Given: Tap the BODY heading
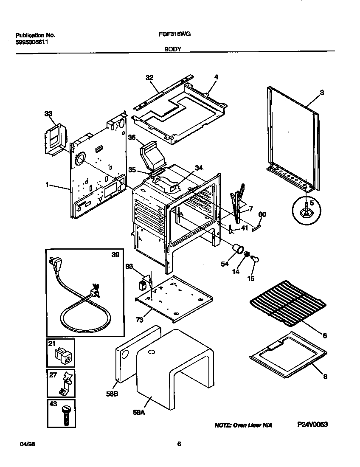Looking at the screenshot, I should click(173, 49).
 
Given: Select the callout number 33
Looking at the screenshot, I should click(49, 114).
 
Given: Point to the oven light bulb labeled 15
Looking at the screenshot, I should click(255, 258).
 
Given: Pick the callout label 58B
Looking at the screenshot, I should click(112, 393).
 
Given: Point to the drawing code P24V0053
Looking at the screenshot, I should click(312, 425).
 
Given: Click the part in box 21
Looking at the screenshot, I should click(63, 354).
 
